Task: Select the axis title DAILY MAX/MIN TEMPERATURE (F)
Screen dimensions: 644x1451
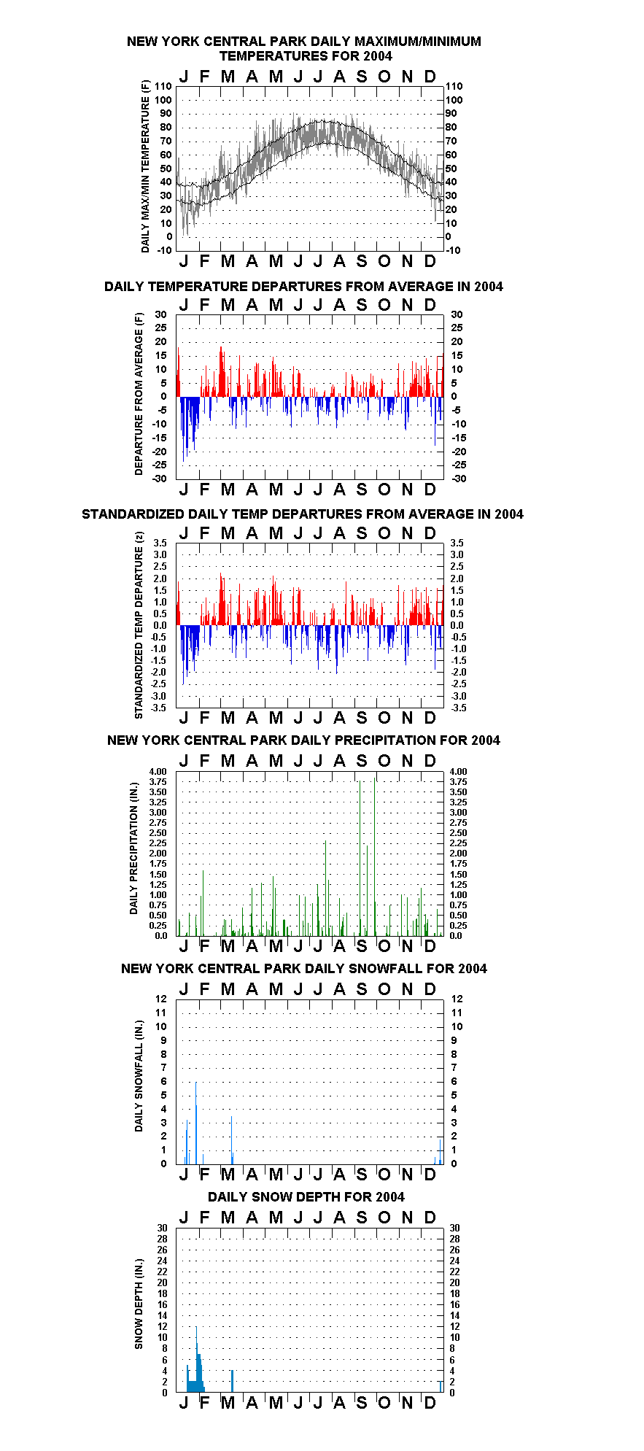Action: (145, 166)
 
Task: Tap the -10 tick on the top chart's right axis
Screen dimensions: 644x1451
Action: (453, 250)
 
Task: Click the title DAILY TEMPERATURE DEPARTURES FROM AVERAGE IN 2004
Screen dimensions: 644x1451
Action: (303, 287)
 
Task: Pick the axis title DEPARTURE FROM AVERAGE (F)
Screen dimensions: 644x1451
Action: (139, 394)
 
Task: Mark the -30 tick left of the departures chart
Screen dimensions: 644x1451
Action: (160, 479)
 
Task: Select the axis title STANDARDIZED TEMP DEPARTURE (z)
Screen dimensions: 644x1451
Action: (139, 625)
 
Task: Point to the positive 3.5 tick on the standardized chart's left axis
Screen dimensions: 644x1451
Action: (160, 543)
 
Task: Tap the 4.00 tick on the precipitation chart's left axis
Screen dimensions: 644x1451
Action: (158, 771)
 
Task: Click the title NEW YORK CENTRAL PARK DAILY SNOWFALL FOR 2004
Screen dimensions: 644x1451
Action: (304, 969)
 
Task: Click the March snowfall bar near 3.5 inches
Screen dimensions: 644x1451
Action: (231, 1139)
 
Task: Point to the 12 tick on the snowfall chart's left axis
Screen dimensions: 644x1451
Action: (161, 999)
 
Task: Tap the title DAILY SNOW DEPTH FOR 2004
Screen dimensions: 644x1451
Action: (306, 1197)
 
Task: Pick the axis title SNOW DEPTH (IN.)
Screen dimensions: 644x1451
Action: (139, 1304)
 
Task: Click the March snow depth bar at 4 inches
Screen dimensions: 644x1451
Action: (231, 1382)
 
